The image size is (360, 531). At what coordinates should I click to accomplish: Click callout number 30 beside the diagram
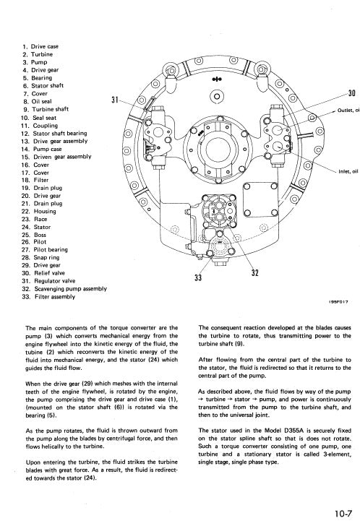coord(351,93)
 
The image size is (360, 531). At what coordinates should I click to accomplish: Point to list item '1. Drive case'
coord(40,46)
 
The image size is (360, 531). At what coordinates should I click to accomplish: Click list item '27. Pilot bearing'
coord(48,249)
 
